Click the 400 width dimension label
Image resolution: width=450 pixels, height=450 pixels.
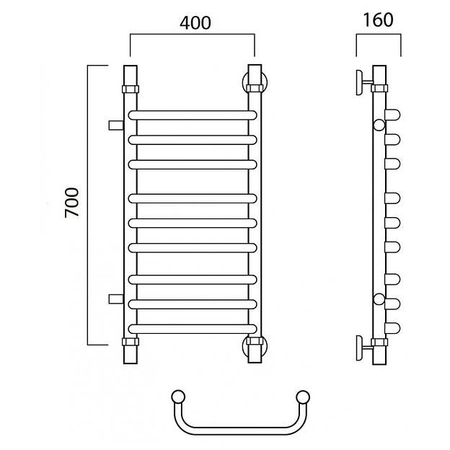tap(195, 23)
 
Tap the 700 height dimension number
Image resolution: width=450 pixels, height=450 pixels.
tap(71, 203)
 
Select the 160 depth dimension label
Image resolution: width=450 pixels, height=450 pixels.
tap(378, 20)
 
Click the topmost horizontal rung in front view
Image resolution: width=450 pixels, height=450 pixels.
tap(193, 115)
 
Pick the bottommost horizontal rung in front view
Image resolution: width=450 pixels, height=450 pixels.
tap(193, 329)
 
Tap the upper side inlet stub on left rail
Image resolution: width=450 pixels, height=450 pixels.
tap(116, 125)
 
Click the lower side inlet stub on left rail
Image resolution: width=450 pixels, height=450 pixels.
tap(116, 299)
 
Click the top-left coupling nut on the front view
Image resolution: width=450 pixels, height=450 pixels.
tap(131, 89)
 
